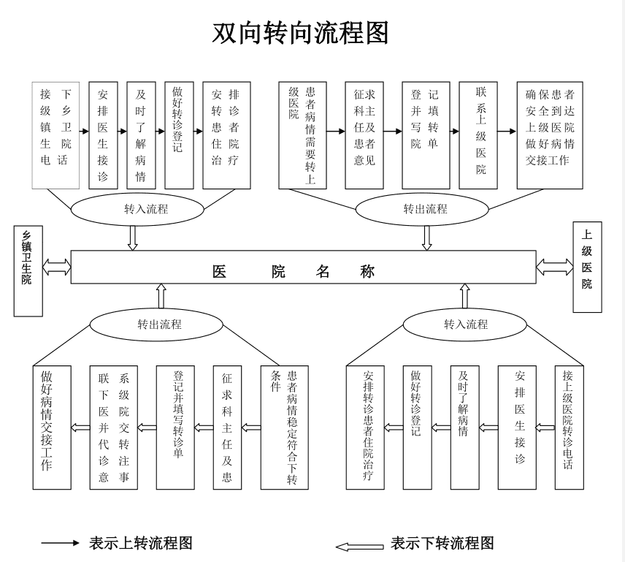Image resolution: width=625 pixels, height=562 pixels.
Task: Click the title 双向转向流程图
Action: [x=300, y=33]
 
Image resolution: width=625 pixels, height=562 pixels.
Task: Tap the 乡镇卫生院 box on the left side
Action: [x=28, y=271]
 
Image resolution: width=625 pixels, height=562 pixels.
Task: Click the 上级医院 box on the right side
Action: [x=587, y=267]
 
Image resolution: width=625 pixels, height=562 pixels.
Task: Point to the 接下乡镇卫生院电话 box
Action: [x=55, y=135]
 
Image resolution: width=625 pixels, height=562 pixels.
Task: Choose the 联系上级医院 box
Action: [x=481, y=135]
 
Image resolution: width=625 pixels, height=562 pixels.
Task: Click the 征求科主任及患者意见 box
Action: [x=364, y=135]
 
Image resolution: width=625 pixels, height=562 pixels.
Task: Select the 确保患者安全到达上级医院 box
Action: [x=550, y=135]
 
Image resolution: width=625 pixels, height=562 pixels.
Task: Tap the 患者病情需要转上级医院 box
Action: [x=302, y=135]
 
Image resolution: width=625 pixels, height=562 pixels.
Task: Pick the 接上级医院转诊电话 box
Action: [x=569, y=428]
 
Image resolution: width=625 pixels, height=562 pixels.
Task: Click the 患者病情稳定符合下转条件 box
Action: [x=285, y=428]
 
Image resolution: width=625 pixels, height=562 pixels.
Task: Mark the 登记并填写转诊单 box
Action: [x=175, y=428]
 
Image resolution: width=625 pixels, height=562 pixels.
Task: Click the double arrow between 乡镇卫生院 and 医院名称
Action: [x=56, y=267]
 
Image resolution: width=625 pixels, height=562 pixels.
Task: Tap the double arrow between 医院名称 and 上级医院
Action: [x=554, y=267]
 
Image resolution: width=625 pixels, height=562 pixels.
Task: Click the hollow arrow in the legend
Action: [x=359, y=546]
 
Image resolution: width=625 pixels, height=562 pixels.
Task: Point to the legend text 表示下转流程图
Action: [x=442, y=543]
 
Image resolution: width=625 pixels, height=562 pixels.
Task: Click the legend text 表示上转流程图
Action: [x=141, y=543]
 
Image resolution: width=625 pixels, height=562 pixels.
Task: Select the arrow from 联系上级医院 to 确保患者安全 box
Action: [x=507, y=132]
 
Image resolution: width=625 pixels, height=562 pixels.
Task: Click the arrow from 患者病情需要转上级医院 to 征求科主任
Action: [x=335, y=132]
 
